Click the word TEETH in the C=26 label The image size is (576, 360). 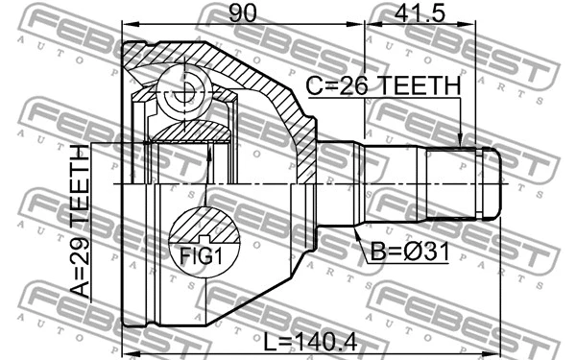(418, 86)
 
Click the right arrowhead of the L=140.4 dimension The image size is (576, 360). (497, 350)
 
